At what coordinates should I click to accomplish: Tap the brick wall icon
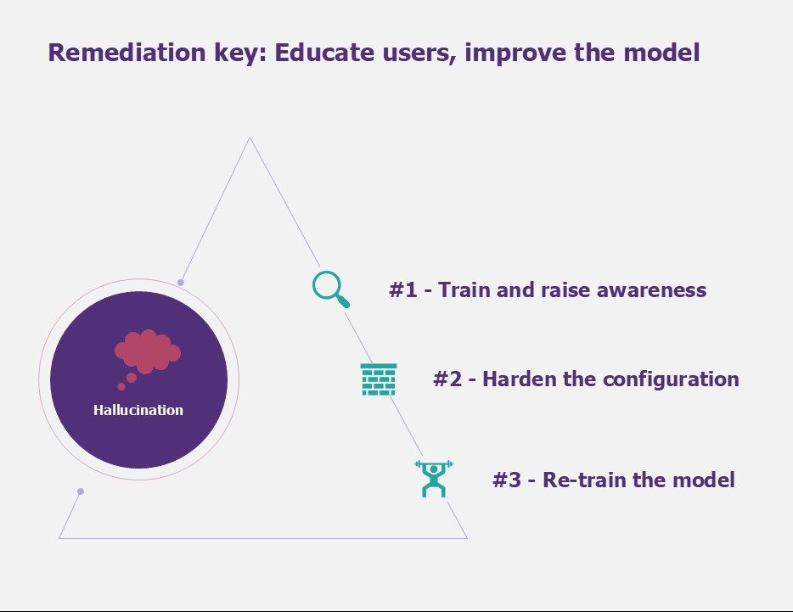(379, 379)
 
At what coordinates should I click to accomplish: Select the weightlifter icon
(434, 479)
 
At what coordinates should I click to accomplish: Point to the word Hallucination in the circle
(138, 410)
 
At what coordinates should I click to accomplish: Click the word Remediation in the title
(127, 52)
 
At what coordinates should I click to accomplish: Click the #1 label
(403, 289)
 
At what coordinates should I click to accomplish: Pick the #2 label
(447, 379)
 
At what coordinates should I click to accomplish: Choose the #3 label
(507, 480)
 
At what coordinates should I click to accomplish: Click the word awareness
(651, 290)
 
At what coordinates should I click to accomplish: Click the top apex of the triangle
(250, 137)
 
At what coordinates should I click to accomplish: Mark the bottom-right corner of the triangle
(467, 538)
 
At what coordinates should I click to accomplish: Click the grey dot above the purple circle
(181, 282)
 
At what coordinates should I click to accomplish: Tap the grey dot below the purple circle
(81, 491)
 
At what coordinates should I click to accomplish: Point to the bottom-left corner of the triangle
(59, 538)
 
